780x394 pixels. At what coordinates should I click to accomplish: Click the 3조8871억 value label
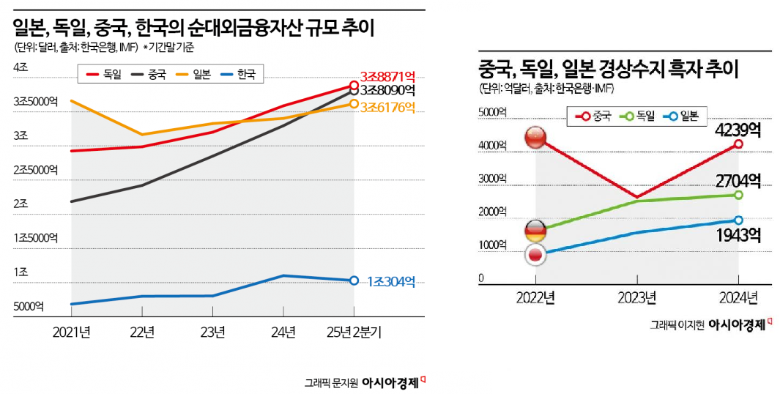coord(387,75)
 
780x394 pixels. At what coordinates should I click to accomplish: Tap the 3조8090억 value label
coord(387,91)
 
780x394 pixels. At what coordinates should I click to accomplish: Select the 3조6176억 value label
coord(387,107)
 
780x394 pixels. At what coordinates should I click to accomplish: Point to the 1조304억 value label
coord(391,281)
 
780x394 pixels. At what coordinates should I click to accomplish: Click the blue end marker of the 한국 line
coord(354,280)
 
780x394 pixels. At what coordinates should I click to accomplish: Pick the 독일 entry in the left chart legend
coord(104,74)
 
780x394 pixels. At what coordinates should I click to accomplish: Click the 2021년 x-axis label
coord(71,332)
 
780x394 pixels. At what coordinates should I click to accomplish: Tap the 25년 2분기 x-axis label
coord(354,332)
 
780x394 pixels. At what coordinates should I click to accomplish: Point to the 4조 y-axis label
coord(20,67)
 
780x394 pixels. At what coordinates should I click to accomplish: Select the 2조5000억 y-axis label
coord(35,170)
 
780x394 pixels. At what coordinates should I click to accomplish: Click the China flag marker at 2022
coord(535,137)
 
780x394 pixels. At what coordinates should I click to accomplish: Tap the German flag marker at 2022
coord(535,231)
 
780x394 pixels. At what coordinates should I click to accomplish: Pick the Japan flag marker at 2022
coord(535,255)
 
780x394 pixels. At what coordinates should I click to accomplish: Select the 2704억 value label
coord(738,179)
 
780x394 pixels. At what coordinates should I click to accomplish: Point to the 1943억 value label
coord(738,235)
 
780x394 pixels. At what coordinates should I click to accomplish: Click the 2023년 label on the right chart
coord(636,297)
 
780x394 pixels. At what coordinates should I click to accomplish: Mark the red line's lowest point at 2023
coord(636,197)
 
